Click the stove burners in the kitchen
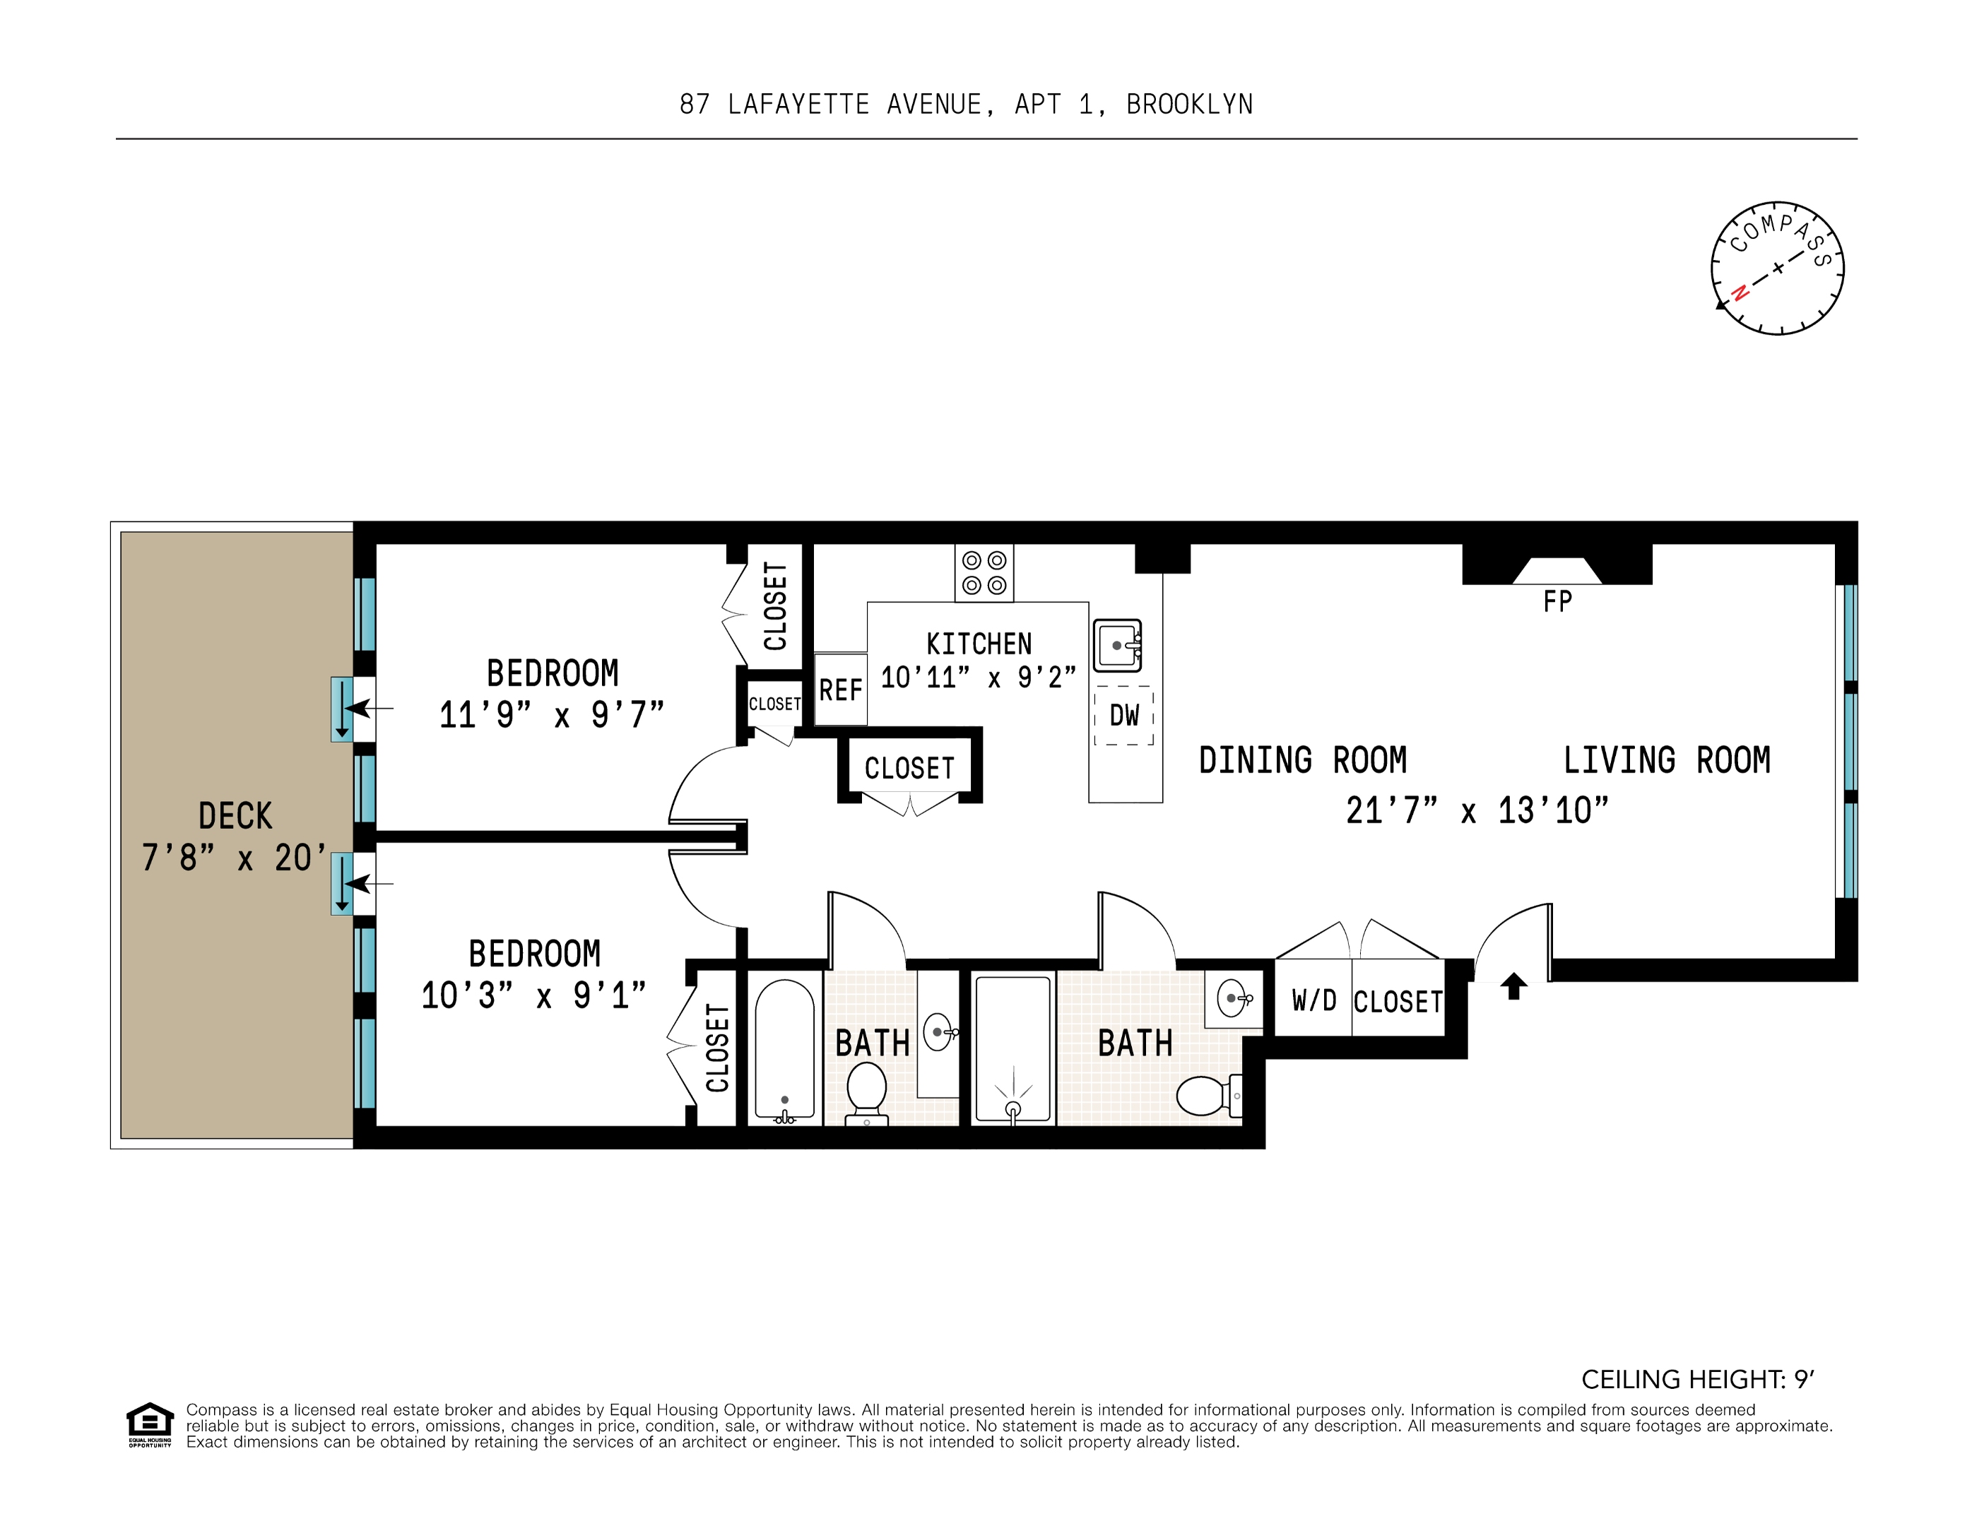pyautogui.click(x=984, y=572)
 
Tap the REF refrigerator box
pyautogui.click(x=841, y=690)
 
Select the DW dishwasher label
pyautogui.click(x=1124, y=715)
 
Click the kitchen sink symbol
pyautogui.click(x=1118, y=645)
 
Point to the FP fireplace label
pyautogui.click(x=1557, y=601)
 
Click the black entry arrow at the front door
pyautogui.click(x=1514, y=986)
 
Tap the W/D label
pyautogui.click(x=1313, y=1000)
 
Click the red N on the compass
pyautogui.click(x=1739, y=293)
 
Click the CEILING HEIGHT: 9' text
pyautogui.click(x=1698, y=1380)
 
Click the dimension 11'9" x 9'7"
pyautogui.click(x=552, y=715)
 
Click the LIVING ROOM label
pyautogui.click(x=1667, y=760)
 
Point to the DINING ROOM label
pyautogui.click(x=1303, y=760)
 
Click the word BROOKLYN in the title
pyautogui.click(x=1189, y=105)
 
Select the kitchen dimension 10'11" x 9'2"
pyautogui.click(x=979, y=678)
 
